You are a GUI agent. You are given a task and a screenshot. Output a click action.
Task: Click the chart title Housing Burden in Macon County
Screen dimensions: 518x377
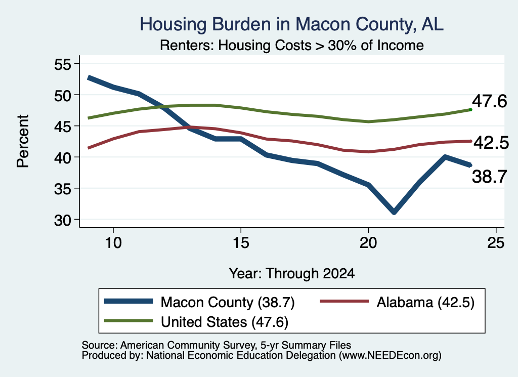tap(291, 24)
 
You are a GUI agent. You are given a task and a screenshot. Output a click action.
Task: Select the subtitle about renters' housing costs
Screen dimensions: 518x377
tap(292, 45)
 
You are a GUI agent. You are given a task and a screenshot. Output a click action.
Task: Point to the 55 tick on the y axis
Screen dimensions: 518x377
tap(63, 64)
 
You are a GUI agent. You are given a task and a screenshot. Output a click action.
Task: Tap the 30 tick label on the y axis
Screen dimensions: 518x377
tap(63, 220)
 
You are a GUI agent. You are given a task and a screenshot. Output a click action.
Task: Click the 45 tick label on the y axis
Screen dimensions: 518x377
tap(63, 126)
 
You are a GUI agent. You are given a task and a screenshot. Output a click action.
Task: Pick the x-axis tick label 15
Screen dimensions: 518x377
tap(241, 243)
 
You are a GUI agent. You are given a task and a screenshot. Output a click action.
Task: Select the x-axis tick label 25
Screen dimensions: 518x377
tap(496, 243)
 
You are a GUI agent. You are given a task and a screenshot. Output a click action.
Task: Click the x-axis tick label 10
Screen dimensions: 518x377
tap(113, 243)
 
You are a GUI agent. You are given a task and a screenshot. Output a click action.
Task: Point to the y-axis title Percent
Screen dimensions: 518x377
tap(23, 141)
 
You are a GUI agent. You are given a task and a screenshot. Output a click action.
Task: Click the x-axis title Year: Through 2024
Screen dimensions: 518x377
tap(292, 274)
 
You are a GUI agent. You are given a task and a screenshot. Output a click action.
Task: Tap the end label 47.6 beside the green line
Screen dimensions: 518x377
tap(489, 101)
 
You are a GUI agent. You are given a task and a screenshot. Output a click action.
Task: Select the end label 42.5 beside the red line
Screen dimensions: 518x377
tap(491, 143)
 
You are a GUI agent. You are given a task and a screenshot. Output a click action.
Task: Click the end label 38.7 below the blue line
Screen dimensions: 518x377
tap(489, 177)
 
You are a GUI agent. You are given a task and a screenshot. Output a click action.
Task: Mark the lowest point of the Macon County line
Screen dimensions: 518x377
tap(394, 212)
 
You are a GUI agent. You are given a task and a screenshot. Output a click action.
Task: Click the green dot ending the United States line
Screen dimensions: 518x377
tap(470, 109)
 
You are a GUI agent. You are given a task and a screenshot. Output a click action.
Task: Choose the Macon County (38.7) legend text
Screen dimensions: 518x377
tap(228, 302)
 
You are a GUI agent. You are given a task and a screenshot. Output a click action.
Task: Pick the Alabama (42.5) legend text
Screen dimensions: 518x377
tap(425, 302)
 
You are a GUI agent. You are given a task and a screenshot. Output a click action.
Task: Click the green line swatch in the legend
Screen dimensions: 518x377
tap(128, 321)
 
